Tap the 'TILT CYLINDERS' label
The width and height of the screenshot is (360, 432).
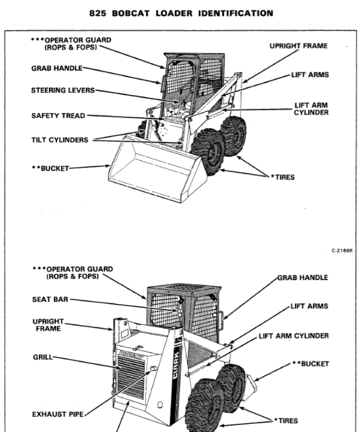pyautogui.click(x=60, y=139)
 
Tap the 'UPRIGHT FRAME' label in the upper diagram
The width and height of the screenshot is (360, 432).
pyautogui.click(x=299, y=46)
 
